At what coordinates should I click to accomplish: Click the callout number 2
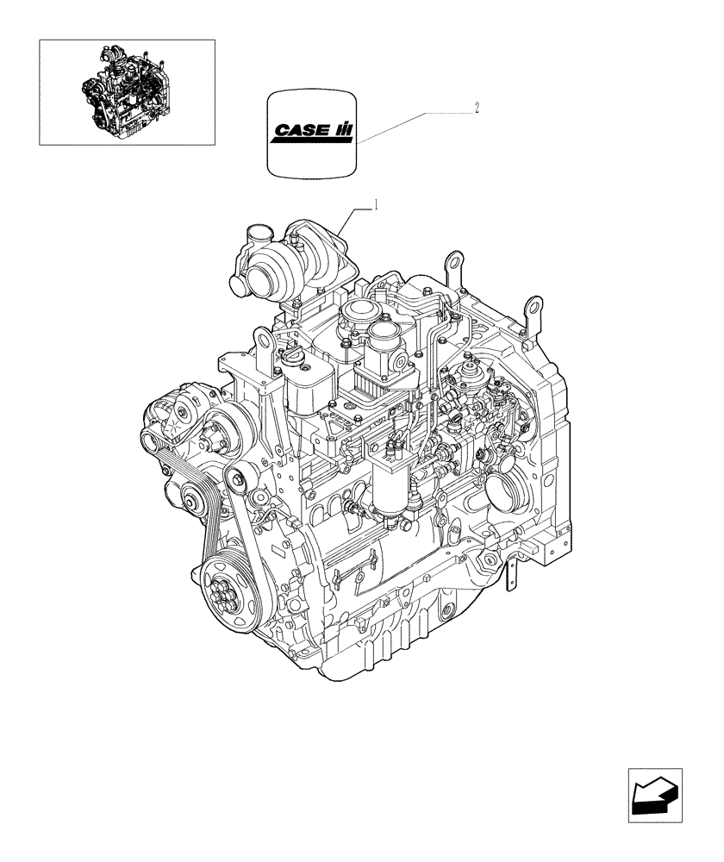point(477,109)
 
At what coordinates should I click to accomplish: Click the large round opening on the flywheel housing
point(503,495)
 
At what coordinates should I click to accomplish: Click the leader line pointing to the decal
point(414,126)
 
